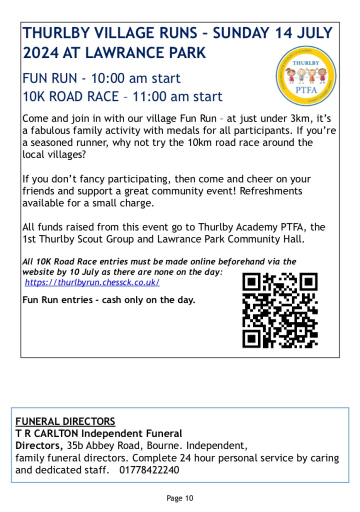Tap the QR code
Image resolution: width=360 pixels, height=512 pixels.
[x=279, y=310]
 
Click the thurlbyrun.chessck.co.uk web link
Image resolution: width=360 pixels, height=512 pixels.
[x=92, y=282]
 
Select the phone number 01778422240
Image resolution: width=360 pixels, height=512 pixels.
[x=149, y=470]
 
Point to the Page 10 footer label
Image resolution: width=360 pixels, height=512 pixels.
[x=180, y=498]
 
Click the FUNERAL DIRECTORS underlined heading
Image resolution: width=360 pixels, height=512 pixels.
[x=65, y=421]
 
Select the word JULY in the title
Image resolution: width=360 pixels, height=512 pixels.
[x=313, y=33]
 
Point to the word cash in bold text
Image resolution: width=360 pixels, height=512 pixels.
[x=114, y=300]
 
